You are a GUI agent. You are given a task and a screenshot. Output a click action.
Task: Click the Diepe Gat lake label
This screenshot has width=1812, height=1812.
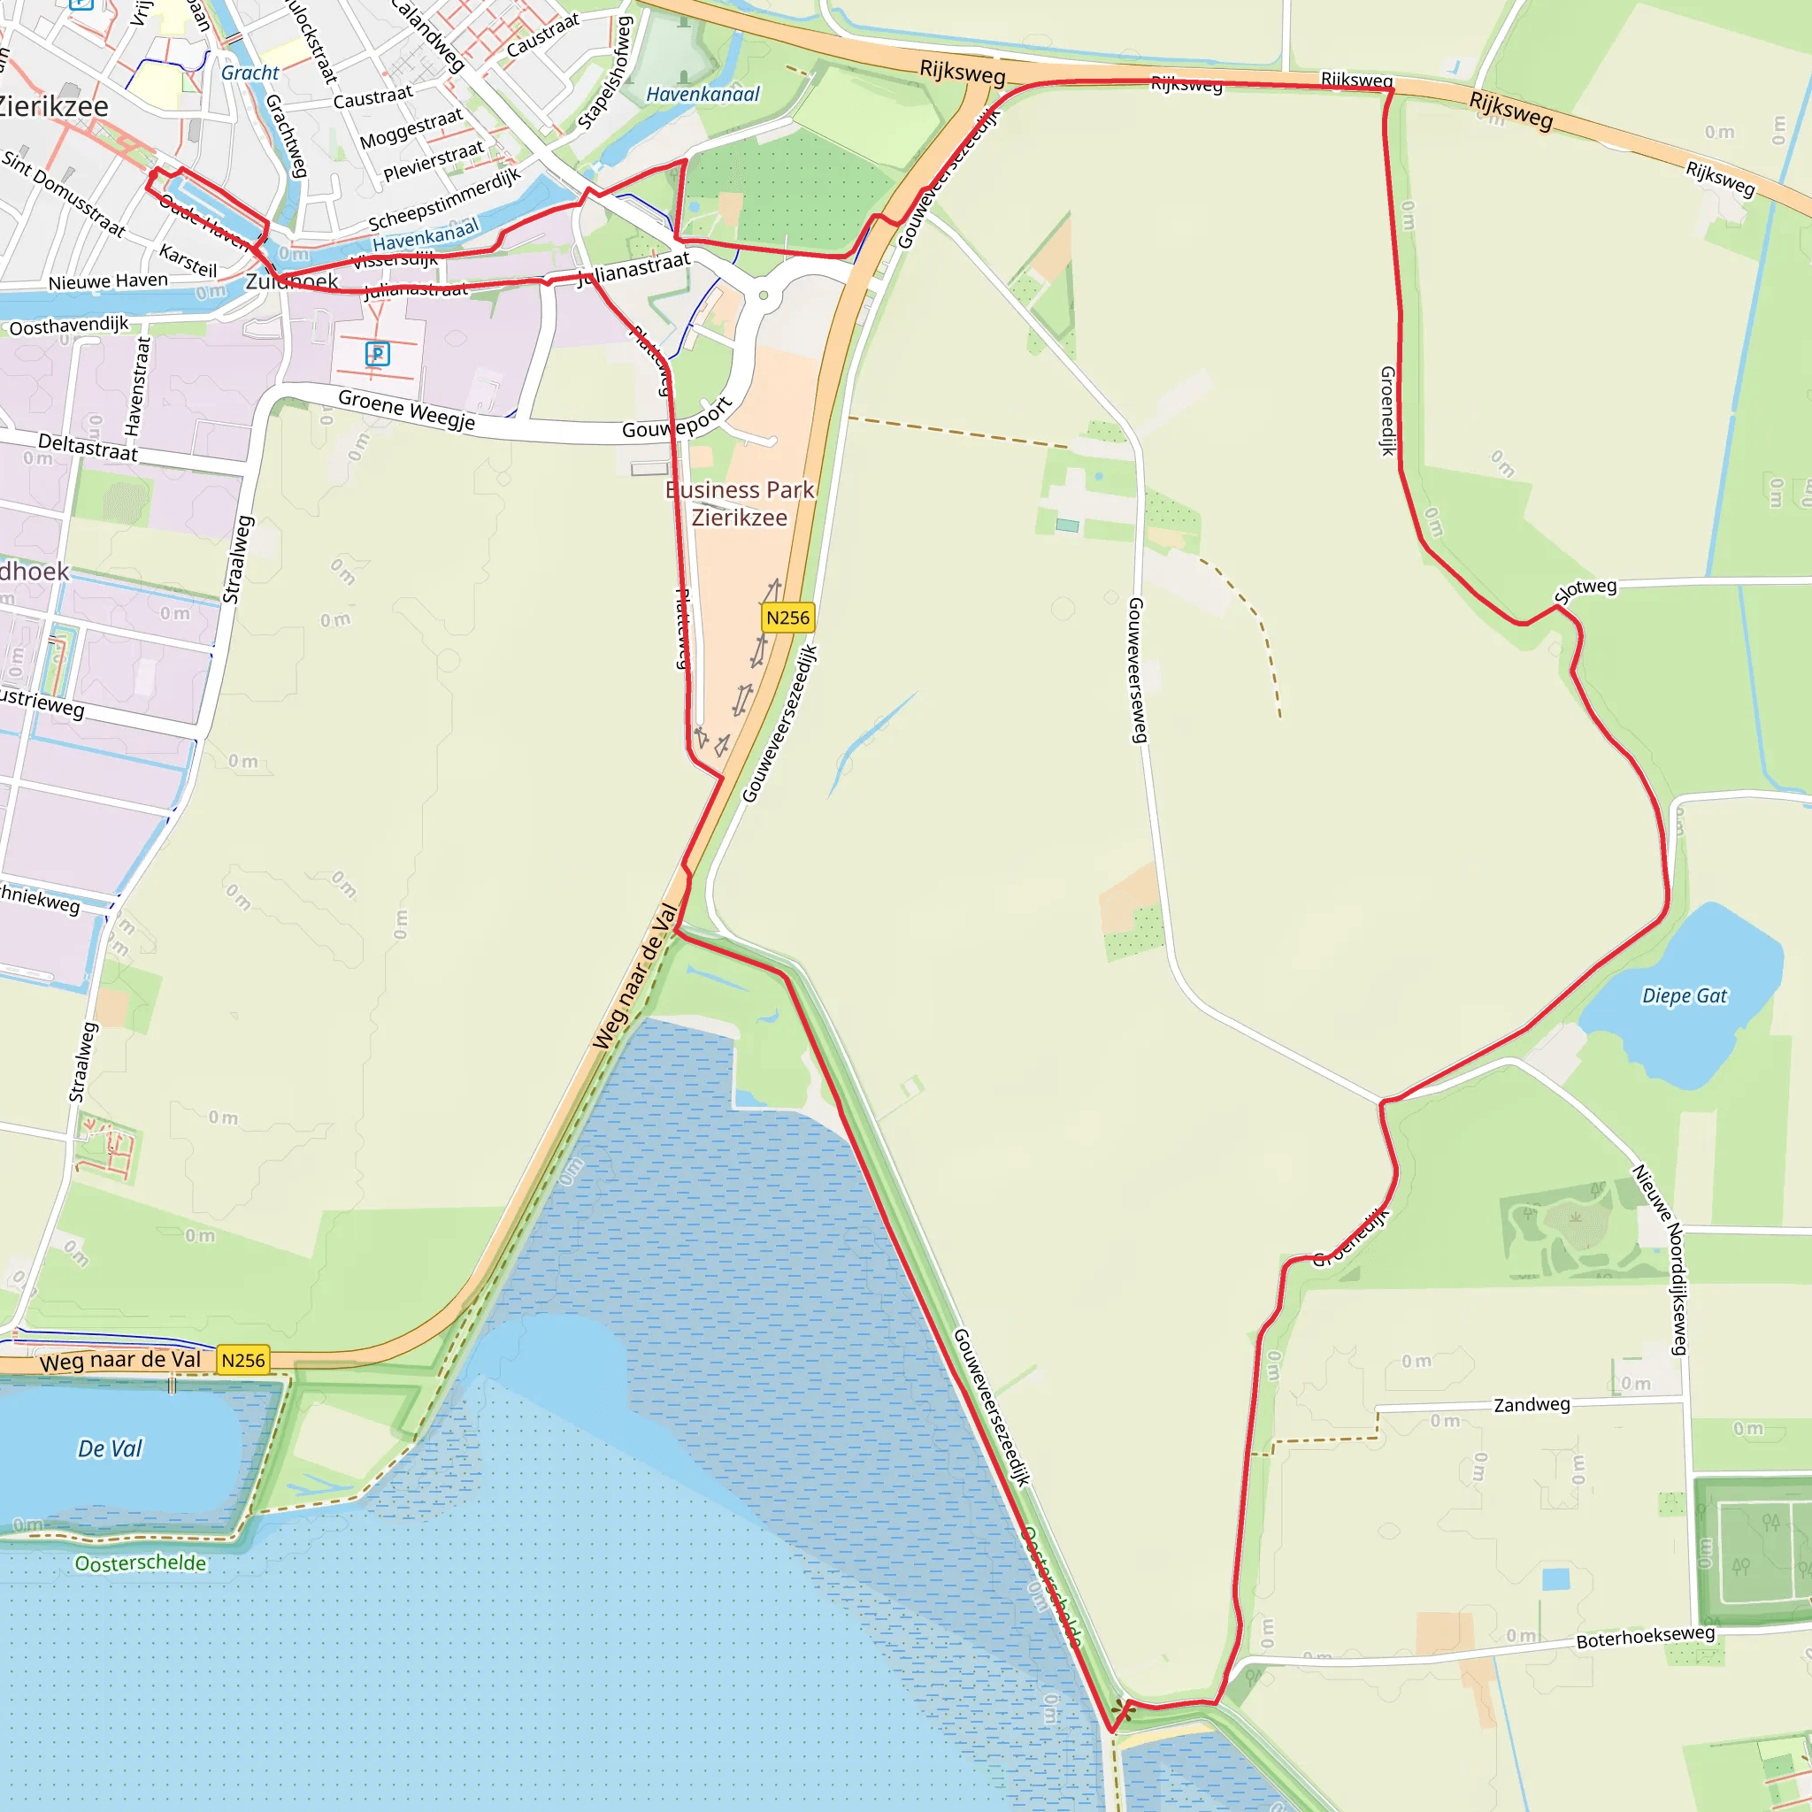(1685, 996)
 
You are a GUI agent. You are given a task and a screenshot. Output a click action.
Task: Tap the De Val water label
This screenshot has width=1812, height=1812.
(110, 1449)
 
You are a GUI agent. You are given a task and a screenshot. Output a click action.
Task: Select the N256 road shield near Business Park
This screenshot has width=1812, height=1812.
(787, 618)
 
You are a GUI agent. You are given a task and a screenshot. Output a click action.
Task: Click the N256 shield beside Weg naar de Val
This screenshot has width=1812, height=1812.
(243, 1360)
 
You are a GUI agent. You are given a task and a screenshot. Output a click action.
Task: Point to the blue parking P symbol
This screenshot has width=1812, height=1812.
(377, 354)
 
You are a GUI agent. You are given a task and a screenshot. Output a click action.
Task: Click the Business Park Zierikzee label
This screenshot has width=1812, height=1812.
(740, 503)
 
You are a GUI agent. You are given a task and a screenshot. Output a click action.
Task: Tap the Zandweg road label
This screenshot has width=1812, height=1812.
(1532, 1404)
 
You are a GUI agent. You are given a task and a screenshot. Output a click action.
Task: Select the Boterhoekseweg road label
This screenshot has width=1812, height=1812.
(1645, 1638)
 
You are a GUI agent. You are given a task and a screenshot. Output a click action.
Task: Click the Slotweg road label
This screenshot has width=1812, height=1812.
(1586, 591)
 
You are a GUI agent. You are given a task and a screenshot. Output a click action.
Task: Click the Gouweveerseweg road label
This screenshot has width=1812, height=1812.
(1137, 670)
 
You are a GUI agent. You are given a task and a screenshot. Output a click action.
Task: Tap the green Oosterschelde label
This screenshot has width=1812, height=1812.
(141, 1563)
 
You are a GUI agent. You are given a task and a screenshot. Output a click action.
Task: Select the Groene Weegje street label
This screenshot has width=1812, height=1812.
(406, 410)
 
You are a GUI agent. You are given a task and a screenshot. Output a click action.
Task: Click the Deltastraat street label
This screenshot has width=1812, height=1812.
(88, 448)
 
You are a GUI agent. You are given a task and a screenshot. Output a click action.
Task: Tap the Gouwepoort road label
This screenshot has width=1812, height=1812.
(677, 419)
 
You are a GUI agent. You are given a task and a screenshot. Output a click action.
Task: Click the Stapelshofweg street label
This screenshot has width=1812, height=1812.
(606, 73)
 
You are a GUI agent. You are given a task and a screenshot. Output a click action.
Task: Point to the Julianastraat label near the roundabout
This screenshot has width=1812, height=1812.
(633, 270)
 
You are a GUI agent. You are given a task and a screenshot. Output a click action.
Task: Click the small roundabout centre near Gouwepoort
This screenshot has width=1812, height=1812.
(764, 296)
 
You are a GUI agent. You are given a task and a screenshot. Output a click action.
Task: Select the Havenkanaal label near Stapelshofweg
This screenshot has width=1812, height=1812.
(703, 94)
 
